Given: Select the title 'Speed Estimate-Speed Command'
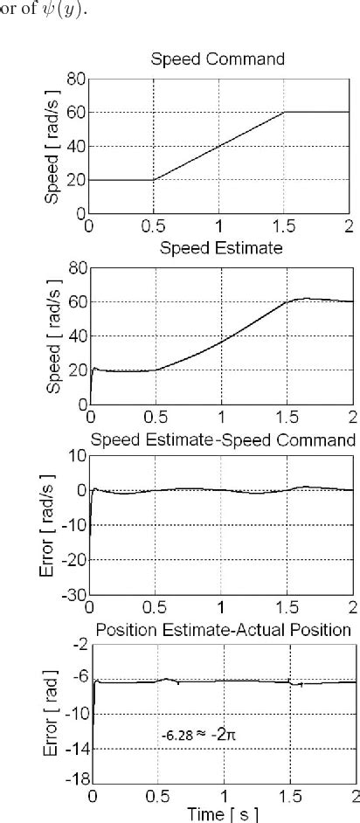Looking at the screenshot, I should (x=225, y=438).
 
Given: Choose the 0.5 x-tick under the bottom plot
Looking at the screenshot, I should (x=157, y=797).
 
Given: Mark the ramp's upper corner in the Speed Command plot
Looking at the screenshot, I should (x=286, y=113).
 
